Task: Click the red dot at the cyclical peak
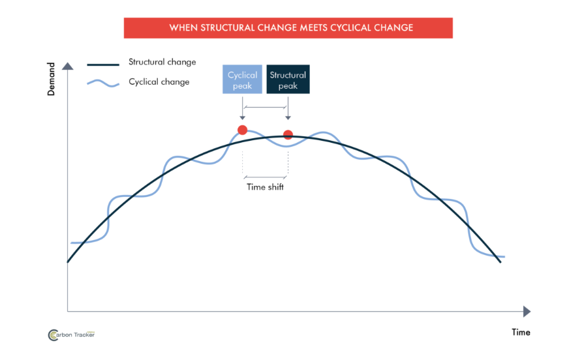point(242,130)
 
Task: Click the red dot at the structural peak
point(288,135)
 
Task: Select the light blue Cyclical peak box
point(242,80)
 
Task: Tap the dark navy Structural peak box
point(288,80)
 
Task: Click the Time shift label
point(266,187)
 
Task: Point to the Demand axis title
point(51,79)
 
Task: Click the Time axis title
point(521,332)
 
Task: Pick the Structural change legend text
point(162,62)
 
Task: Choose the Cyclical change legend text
point(159,82)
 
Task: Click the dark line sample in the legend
point(103,65)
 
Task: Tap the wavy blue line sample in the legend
point(103,83)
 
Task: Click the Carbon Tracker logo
point(72,335)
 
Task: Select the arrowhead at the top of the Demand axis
point(67,66)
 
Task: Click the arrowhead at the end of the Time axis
point(527,312)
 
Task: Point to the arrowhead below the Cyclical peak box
point(242,118)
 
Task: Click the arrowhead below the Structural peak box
point(288,118)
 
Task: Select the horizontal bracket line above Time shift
point(266,177)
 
